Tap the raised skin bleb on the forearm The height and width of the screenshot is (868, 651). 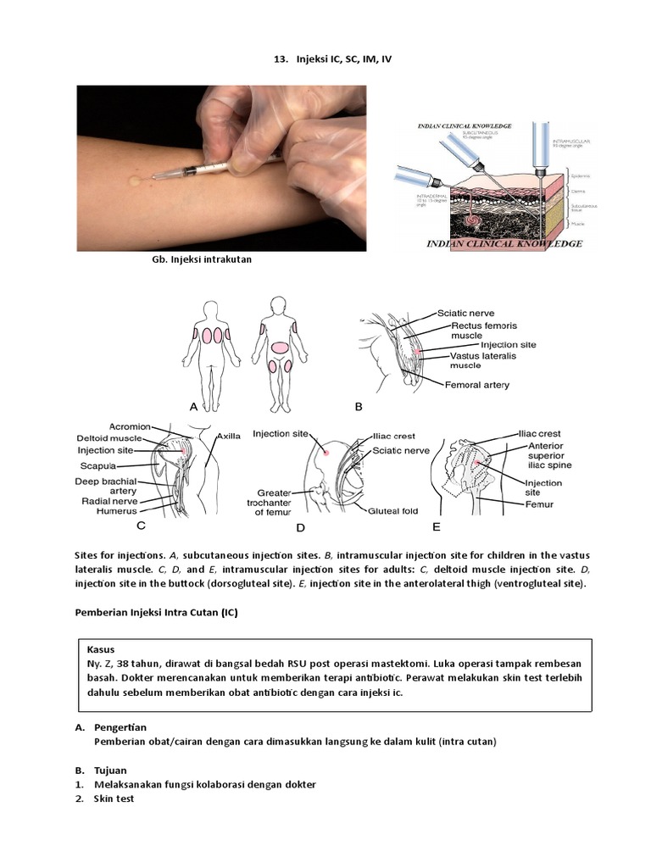coord(135,180)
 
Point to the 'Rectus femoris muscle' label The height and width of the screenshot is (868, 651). coord(484,330)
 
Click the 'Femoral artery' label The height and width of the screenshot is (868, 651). coord(477,385)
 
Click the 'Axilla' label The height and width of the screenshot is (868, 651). coord(228,436)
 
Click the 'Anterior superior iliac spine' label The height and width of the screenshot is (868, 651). coord(549,455)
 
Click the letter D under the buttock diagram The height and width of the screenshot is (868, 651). coord(300,528)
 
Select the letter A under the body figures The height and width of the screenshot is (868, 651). coord(194,407)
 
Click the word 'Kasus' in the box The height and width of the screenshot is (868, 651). coord(101,648)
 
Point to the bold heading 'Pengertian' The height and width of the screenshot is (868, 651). coord(120,727)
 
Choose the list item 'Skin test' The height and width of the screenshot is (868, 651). coord(114,798)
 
